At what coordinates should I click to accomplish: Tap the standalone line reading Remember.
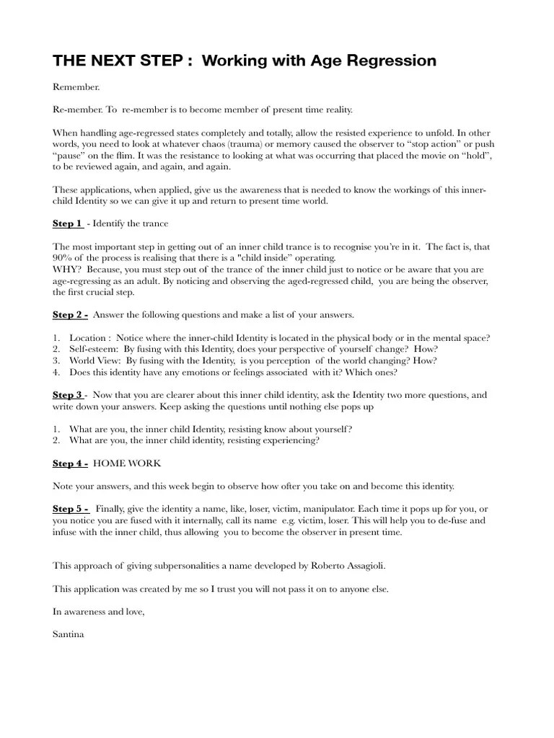click(76, 86)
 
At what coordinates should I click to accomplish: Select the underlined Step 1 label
click(67, 223)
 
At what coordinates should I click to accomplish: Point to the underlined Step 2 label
click(70, 315)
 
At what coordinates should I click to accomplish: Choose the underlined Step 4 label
click(70, 463)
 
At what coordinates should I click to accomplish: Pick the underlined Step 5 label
click(70, 509)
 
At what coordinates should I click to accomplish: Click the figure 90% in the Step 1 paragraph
click(63, 257)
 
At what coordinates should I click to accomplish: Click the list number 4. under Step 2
click(56, 372)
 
